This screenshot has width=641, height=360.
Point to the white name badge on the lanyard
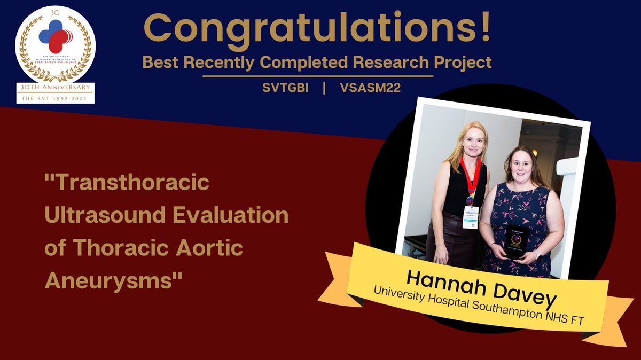click(x=470, y=216)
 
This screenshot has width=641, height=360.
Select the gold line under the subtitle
click(x=317, y=76)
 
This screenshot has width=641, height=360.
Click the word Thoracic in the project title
click(x=120, y=247)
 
